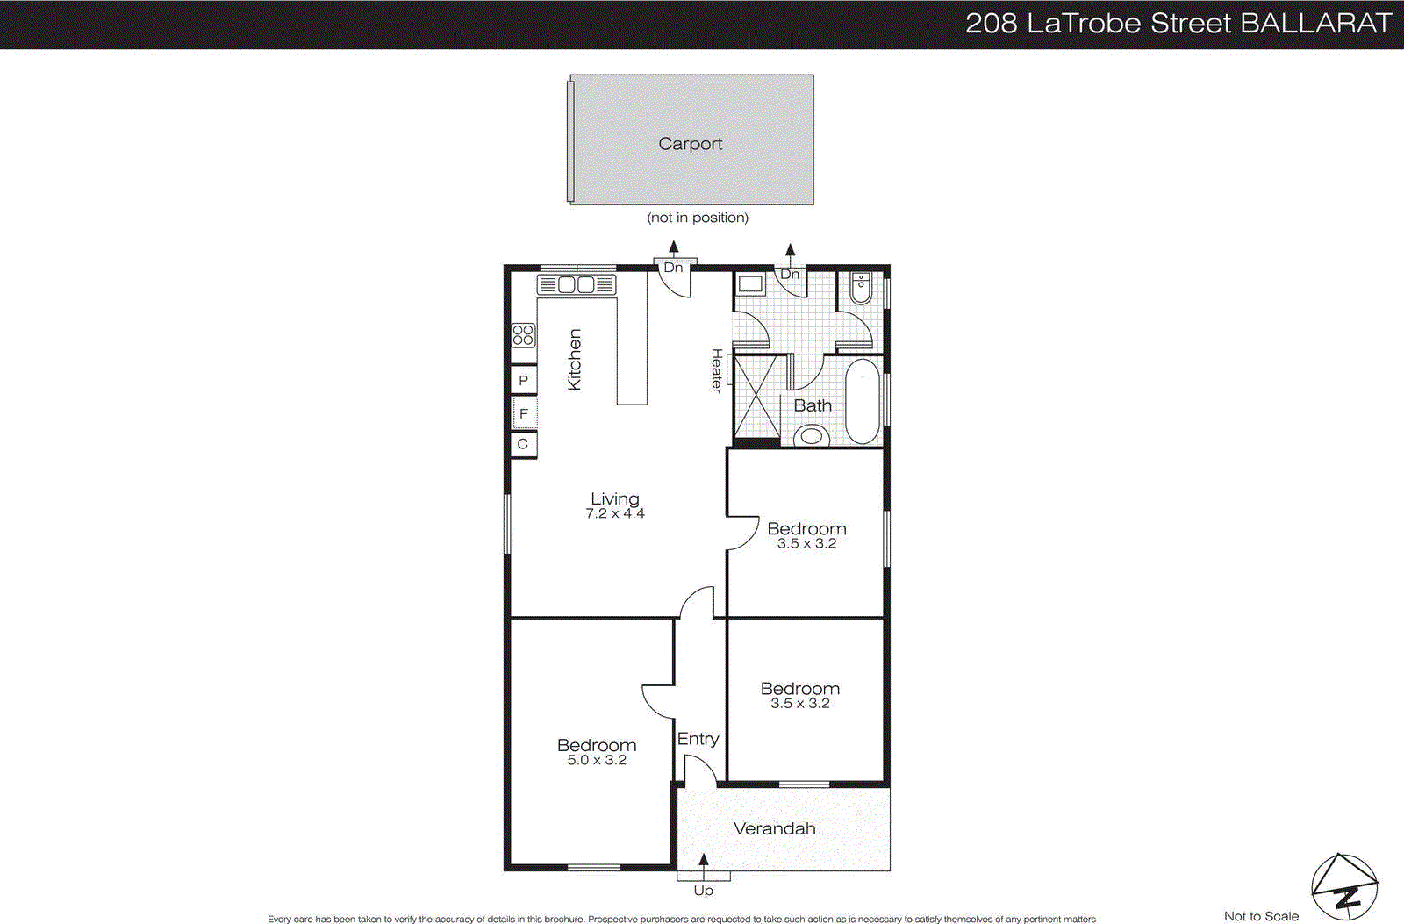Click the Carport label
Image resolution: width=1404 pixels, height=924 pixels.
click(x=691, y=144)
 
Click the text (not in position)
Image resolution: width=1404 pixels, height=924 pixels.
click(x=698, y=218)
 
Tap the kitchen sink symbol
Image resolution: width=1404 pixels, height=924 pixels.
click(x=577, y=284)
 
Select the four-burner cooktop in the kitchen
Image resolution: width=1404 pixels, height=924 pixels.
click(x=523, y=334)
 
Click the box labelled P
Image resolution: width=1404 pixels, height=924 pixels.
click(x=523, y=380)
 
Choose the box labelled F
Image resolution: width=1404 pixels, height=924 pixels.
click(x=523, y=413)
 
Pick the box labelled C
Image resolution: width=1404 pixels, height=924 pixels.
click(x=523, y=444)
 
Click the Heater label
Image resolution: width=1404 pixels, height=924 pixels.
click(x=717, y=370)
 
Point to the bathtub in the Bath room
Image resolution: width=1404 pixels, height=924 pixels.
click(x=862, y=401)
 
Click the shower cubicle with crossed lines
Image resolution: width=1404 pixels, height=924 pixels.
click(x=756, y=396)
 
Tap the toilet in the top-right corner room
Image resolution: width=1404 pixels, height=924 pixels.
click(x=861, y=288)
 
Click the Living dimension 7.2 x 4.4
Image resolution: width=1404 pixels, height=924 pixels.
click(x=615, y=514)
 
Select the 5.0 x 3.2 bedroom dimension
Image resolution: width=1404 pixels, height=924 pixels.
click(x=597, y=761)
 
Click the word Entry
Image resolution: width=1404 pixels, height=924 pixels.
click(x=698, y=739)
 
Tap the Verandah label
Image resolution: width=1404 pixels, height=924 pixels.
click(x=775, y=828)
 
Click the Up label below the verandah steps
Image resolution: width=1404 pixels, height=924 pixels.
click(x=703, y=891)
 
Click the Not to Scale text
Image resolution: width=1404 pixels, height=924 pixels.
click(x=1261, y=916)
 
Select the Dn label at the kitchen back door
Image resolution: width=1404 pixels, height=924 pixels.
click(x=673, y=268)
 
